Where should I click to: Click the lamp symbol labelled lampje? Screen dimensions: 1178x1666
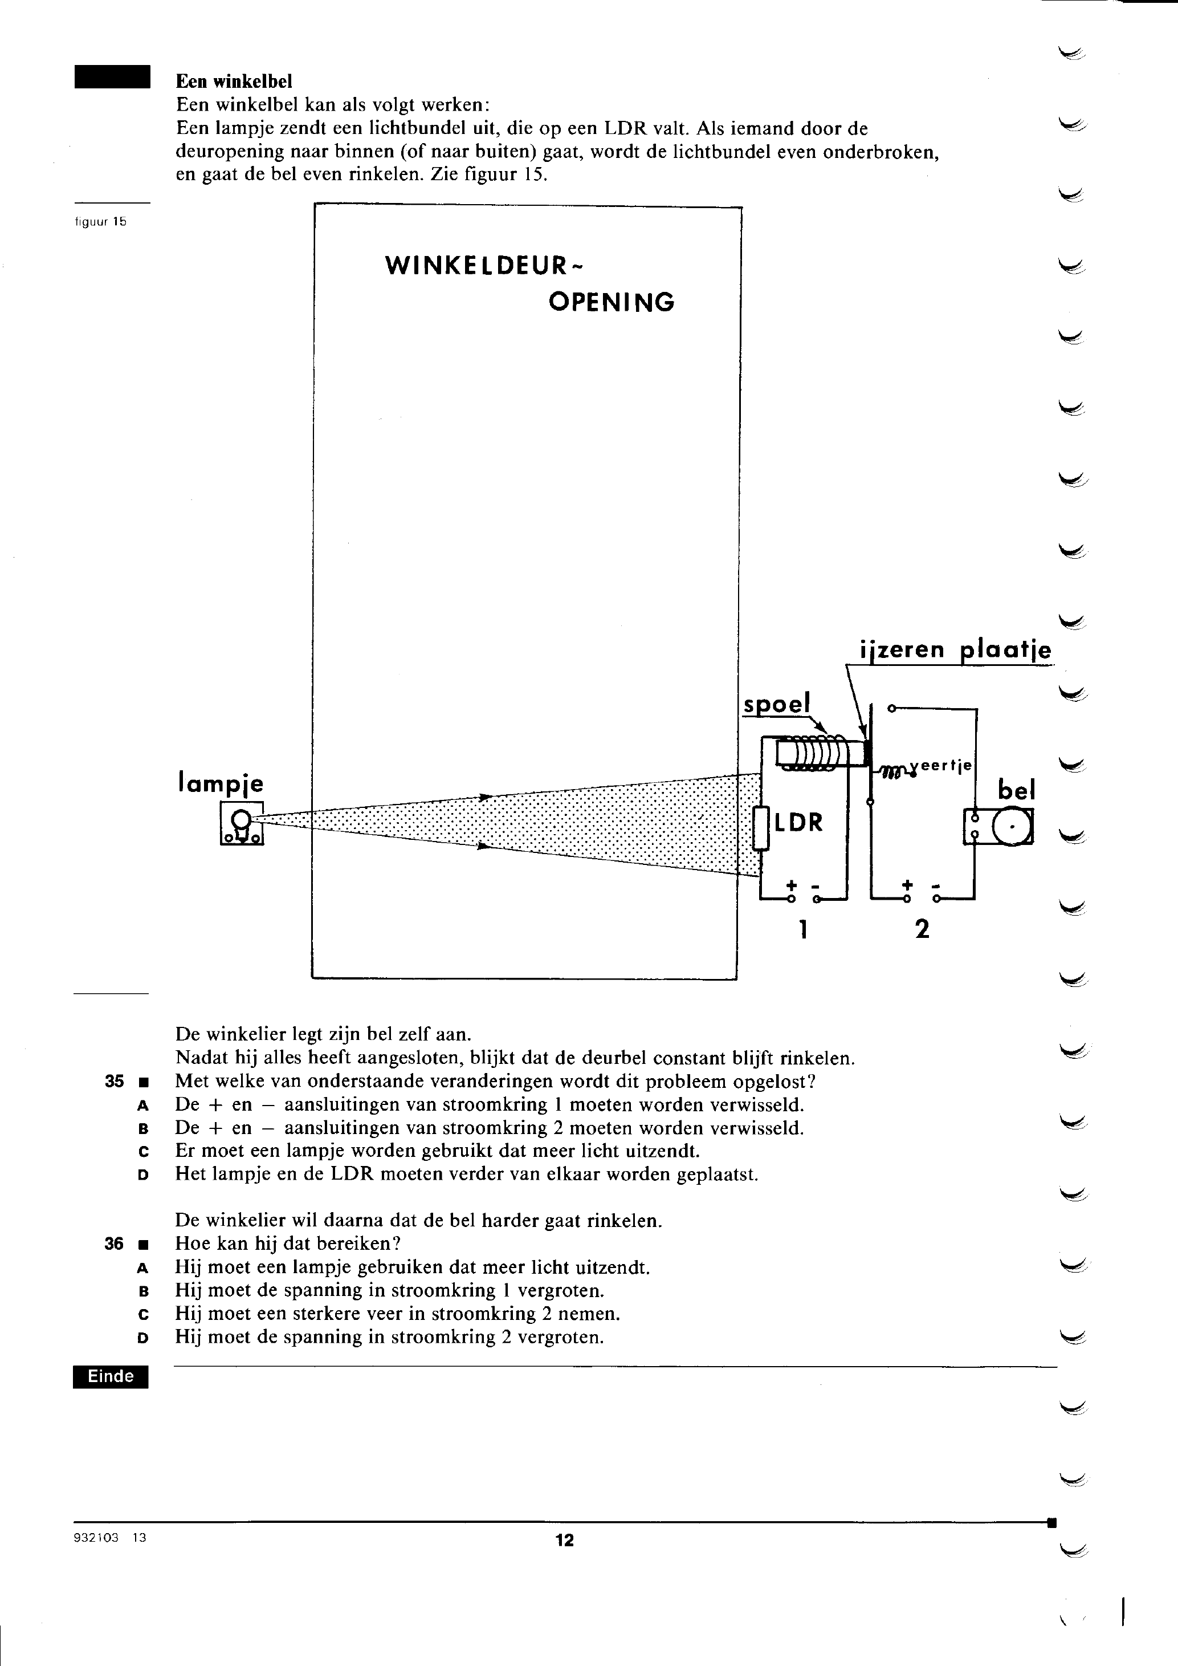point(242,823)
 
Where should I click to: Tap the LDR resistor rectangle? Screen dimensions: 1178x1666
point(761,828)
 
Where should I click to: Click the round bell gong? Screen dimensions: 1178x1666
point(1011,827)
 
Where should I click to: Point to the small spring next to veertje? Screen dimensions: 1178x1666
point(896,771)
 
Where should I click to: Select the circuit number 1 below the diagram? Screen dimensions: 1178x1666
point(803,929)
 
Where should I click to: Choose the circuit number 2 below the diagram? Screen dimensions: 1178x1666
point(922,929)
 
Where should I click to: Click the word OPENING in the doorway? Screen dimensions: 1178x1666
point(612,302)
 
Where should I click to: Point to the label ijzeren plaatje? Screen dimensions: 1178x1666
point(955,649)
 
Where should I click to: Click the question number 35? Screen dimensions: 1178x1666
point(115,1081)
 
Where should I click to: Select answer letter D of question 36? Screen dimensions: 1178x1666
point(143,1337)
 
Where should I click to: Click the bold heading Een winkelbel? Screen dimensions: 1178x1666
point(234,82)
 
